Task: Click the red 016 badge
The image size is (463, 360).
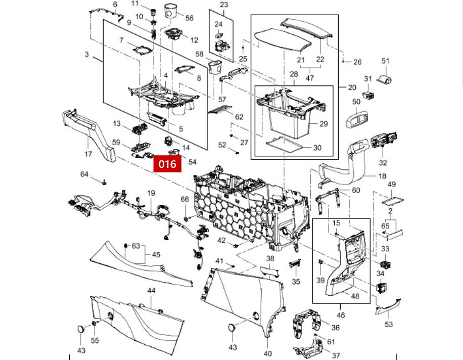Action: [167, 164]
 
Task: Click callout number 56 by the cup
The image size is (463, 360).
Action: [189, 18]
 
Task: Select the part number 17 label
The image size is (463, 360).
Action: [88, 154]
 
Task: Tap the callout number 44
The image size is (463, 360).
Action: [151, 291]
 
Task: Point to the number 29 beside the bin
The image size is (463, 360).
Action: [323, 124]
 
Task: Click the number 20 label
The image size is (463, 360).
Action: [352, 87]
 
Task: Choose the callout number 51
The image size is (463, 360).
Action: [385, 61]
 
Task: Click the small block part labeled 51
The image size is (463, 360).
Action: [384, 79]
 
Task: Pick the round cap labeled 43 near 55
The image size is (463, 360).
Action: [80, 329]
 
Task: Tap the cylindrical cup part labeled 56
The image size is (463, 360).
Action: [170, 11]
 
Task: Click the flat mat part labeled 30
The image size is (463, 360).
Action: [284, 144]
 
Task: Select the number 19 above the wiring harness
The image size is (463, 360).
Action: [151, 193]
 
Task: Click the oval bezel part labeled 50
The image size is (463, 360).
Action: [356, 119]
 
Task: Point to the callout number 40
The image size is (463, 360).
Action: [267, 353]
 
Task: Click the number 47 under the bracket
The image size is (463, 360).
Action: [310, 78]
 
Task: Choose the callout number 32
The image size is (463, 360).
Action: [383, 162]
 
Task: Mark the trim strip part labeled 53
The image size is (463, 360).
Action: [388, 306]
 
